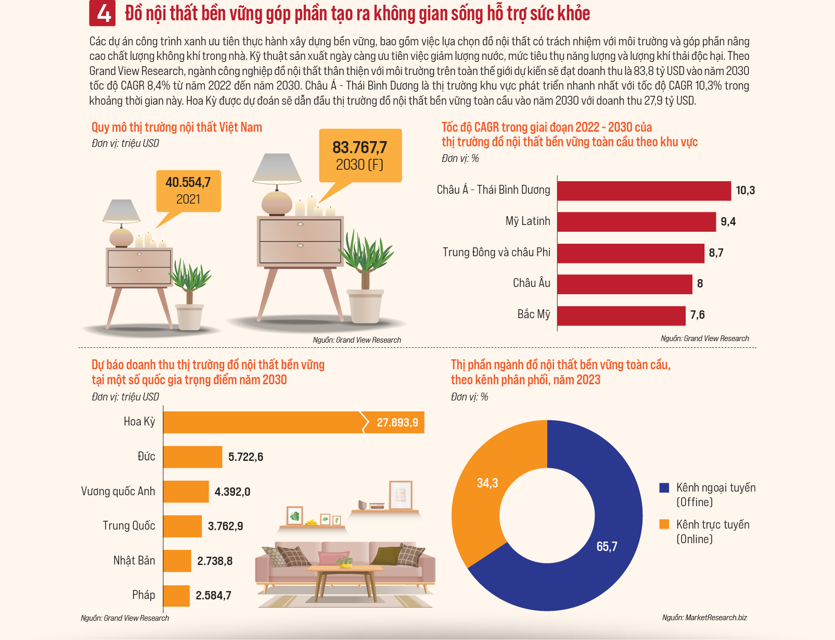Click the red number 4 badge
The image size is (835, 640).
point(102,13)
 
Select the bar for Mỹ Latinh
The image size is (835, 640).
point(637,221)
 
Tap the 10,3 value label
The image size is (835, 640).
point(745,191)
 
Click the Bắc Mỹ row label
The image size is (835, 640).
point(534,314)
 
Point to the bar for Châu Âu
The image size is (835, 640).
point(625,284)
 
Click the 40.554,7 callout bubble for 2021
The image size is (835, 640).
point(188,191)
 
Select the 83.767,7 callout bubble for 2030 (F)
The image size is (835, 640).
point(361,155)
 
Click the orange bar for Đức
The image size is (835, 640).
point(192,457)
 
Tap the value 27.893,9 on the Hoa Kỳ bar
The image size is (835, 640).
point(397,423)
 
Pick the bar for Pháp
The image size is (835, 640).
point(176,596)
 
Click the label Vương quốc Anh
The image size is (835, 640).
point(118,491)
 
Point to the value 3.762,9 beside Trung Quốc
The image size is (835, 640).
point(226,526)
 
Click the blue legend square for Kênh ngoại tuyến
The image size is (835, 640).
point(664,488)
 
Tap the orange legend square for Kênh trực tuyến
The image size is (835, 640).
point(664,524)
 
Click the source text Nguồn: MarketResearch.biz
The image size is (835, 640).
point(704,618)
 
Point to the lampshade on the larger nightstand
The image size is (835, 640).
point(277,168)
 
